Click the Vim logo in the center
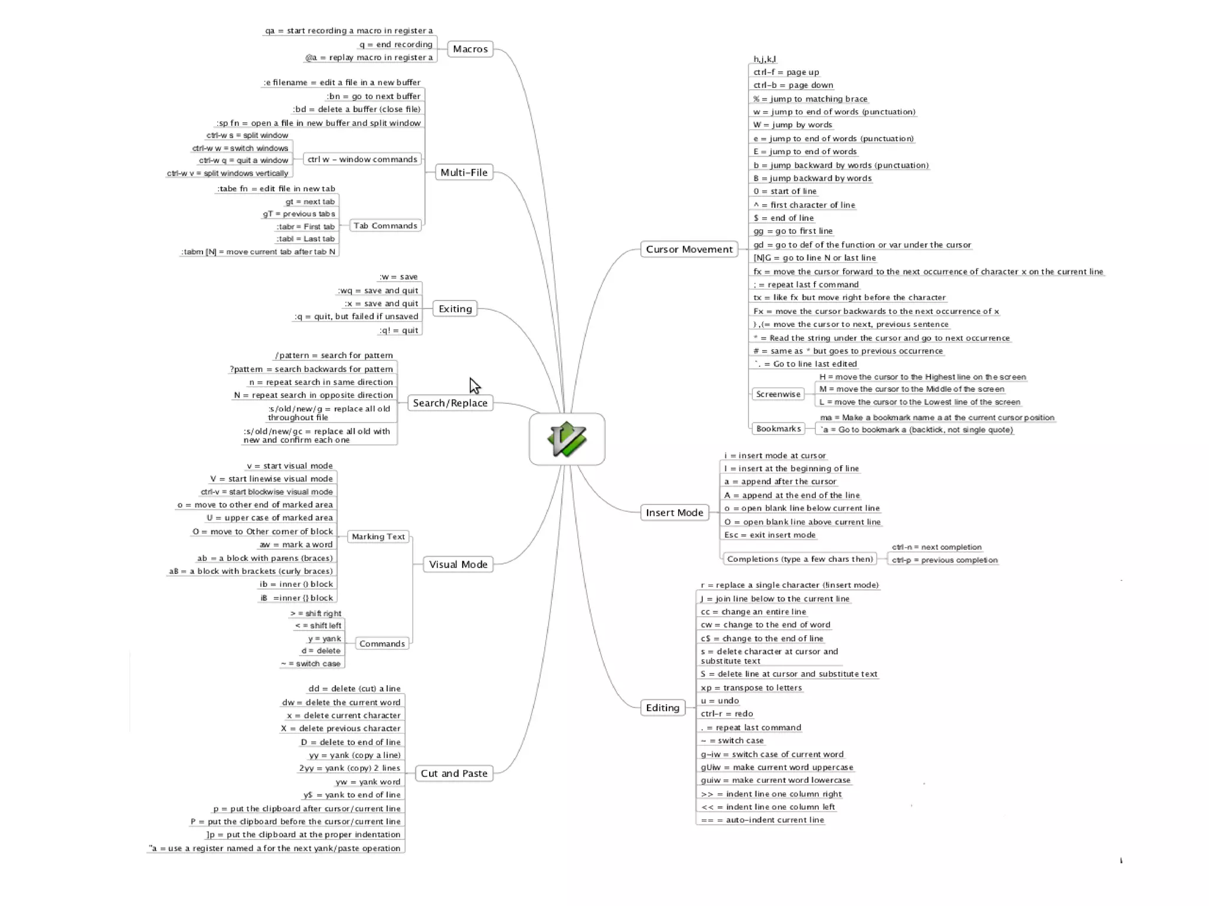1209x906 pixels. click(567, 439)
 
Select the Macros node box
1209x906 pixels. click(470, 49)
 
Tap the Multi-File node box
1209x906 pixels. click(464, 172)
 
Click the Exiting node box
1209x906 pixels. click(455, 309)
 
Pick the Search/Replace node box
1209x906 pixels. click(450, 403)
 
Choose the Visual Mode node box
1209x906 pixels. click(458, 564)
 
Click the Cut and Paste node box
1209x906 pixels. click(454, 773)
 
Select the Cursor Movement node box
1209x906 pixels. click(689, 249)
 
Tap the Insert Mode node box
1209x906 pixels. click(674, 512)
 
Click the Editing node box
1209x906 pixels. click(662, 708)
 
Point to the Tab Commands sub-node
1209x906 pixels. click(385, 225)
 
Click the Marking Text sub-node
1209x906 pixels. click(378, 537)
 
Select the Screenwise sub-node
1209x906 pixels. click(778, 394)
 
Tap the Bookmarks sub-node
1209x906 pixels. click(778, 429)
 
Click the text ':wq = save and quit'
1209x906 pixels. click(378, 290)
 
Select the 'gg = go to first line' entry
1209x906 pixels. click(793, 231)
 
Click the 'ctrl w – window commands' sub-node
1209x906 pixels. click(362, 159)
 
